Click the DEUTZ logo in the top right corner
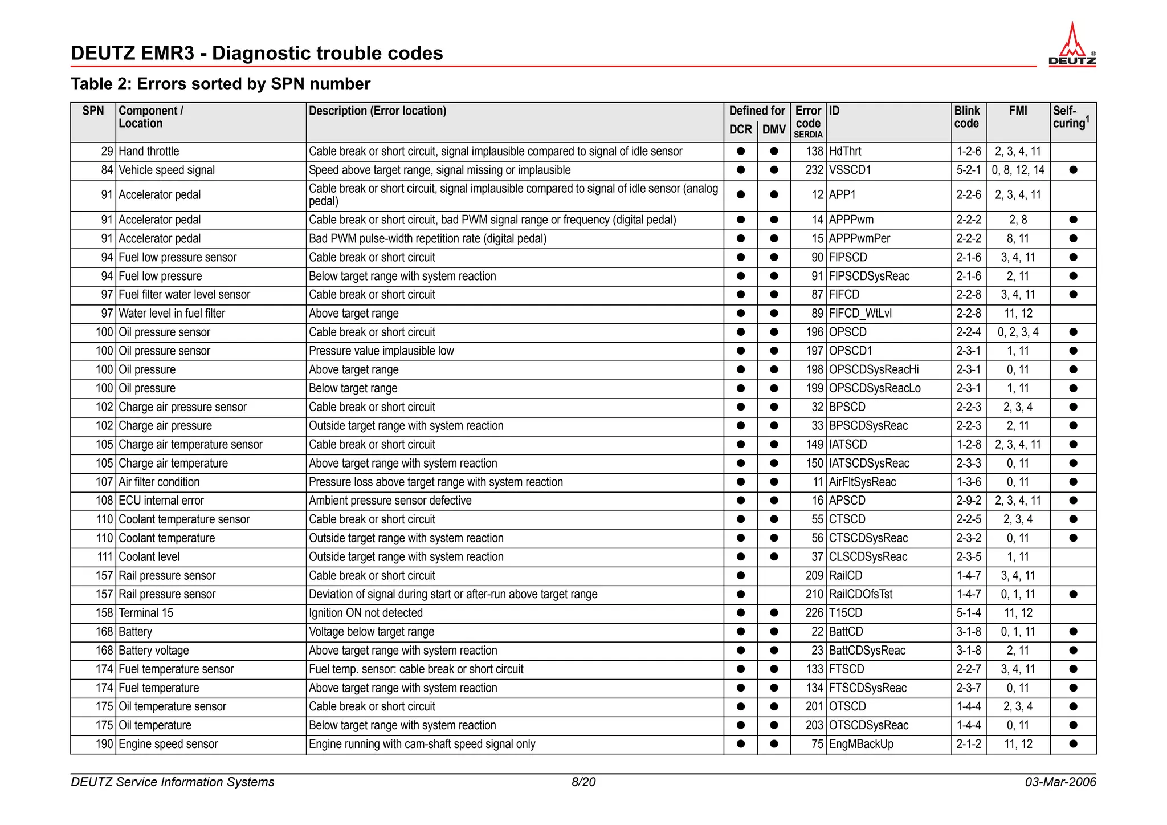pyautogui.click(x=1072, y=46)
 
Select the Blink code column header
pyautogui.click(x=967, y=117)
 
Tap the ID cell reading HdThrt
pyautogui.click(x=845, y=152)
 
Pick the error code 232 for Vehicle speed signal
pyautogui.click(x=814, y=170)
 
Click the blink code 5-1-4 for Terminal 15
pyautogui.click(x=968, y=613)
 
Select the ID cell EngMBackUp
pyautogui.click(x=861, y=745)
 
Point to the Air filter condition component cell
pyautogui.click(x=159, y=482)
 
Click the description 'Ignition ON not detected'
pyautogui.click(x=365, y=613)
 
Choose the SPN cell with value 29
pyautogui.click(x=107, y=152)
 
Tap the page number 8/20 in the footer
pyautogui.click(x=583, y=782)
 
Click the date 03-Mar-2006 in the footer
pyautogui.click(x=1060, y=782)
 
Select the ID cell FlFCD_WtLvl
pyautogui.click(x=860, y=314)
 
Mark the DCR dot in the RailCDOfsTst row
pyautogui.click(x=741, y=595)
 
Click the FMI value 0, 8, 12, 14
pyautogui.click(x=1018, y=170)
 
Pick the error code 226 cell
pyautogui.click(x=814, y=613)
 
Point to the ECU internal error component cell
pyautogui.click(x=161, y=501)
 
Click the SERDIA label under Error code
pyautogui.click(x=808, y=135)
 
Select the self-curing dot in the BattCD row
pyautogui.click(x=1073, y=632)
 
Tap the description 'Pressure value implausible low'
pyautogui.click(x=381, y=351)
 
